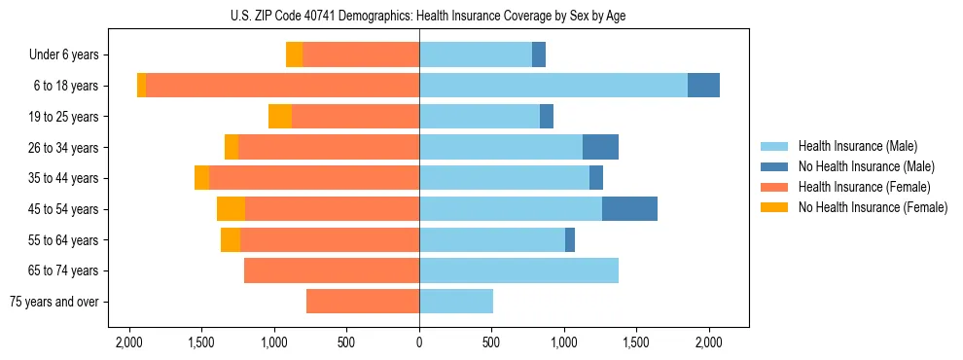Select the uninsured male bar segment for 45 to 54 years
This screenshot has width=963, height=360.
[x=629, y=209]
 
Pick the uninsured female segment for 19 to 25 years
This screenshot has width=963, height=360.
[x=280, y=117]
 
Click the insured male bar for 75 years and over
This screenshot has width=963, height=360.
[x=456, y=302]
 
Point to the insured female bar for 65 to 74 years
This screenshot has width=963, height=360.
[x=332, y=270]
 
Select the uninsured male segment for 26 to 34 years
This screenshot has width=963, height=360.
[x=600, y=147]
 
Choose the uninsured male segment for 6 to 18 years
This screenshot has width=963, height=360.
[x=703, y=86]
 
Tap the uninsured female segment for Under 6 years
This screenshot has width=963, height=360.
[x=294, y=54]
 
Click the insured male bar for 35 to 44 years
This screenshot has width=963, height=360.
[x=504, y=178]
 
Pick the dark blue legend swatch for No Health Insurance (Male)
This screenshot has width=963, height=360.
[x=774, y=166]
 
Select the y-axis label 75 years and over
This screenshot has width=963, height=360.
[x=54, y=302]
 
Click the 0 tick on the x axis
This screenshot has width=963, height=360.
[x=419, y=342]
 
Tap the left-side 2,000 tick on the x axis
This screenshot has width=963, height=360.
[x=129, y=342]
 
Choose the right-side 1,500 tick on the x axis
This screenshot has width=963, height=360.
[x=636, y=342]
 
